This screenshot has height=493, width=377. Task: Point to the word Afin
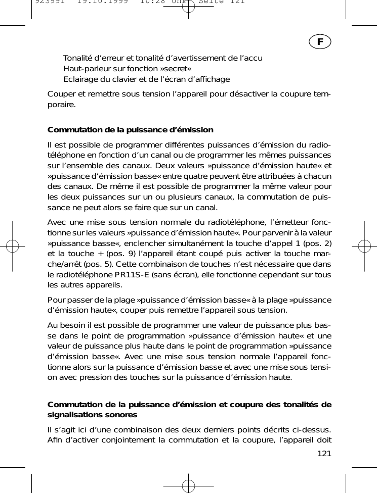(x=56, y=440)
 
